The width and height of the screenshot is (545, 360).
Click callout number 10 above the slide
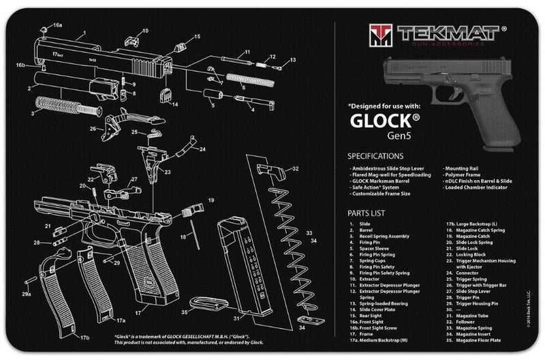(144, 31)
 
